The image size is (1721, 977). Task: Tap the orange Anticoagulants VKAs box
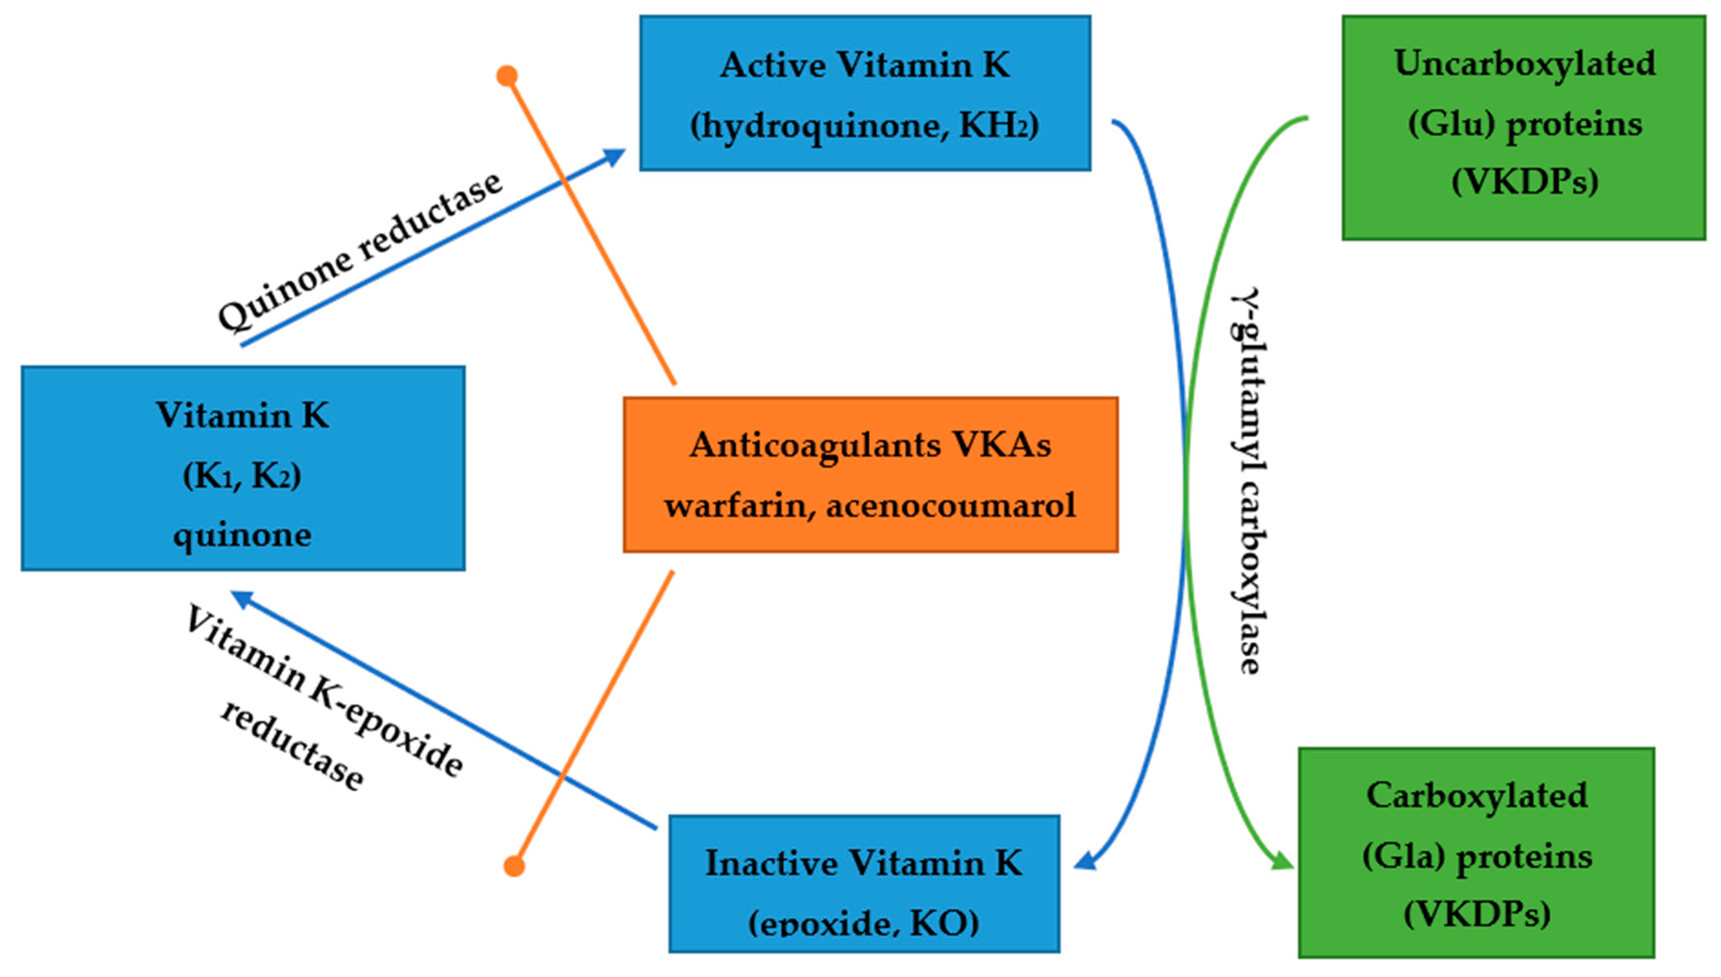(x=870, y=475)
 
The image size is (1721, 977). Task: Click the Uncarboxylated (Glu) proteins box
(x=1524, y=128)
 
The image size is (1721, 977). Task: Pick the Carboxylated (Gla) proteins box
(x=1476, y=852)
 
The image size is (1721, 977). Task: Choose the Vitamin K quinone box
(x=243, y=468)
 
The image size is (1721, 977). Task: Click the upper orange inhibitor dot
(x=507, y=76)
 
